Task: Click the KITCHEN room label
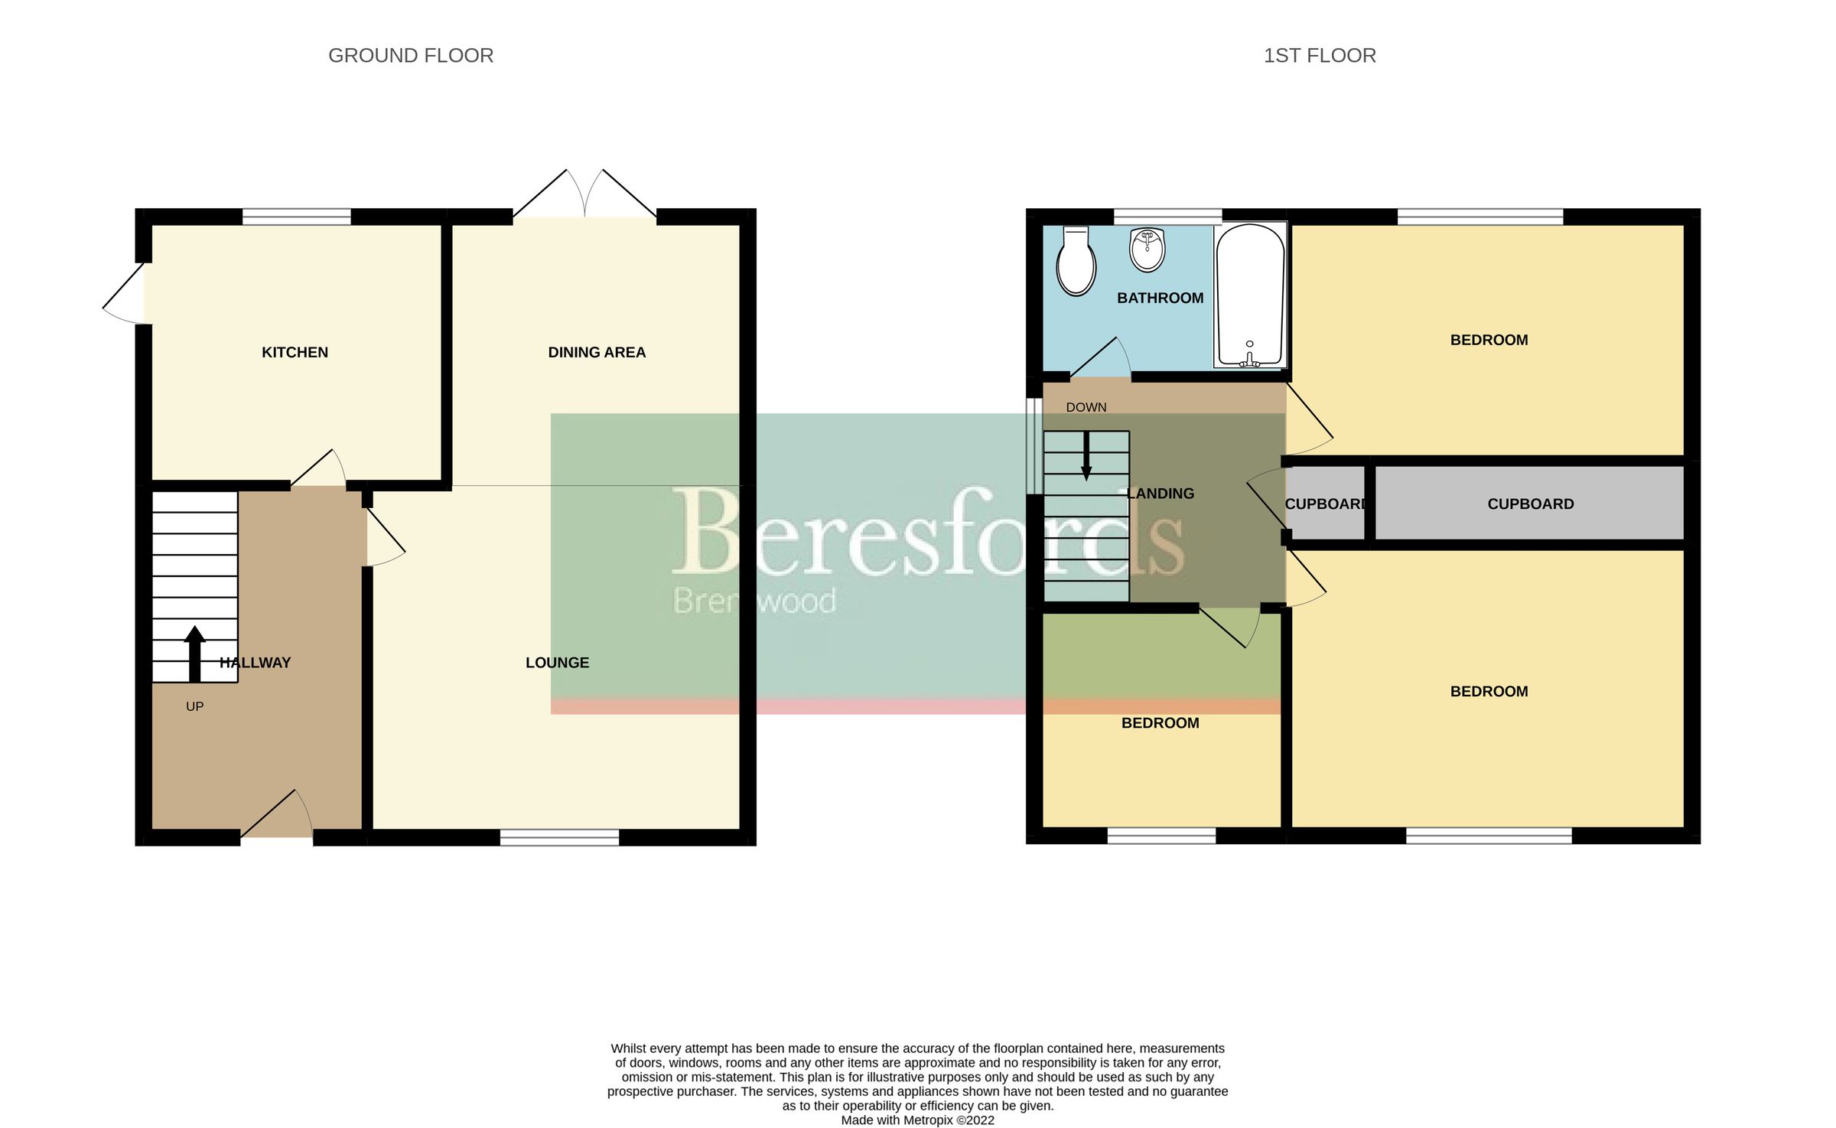pyautogui.click(x=295, y=352)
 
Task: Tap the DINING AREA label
pyautogui.click(x=597, y=352)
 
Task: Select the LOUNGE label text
pyautogui.click(x=557, y=663)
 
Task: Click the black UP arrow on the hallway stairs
pyautogui.click(x=195, y=654)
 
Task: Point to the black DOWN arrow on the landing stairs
pyautogui.click(x=1086, y=457)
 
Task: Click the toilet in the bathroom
pyautogui.click(x=1076, y=262)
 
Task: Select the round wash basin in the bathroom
pyautogui.click(x=1147, y=249)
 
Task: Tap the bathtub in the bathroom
pyautogui.click(x=1250, y=295)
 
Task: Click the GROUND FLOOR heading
pyautogui.click(x=411, y=56)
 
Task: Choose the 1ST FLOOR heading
pyautogui.click(x=1320, y=56)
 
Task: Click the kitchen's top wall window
pyautogui.click(x=297, y=217)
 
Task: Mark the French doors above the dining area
pyautogui.click(x=584, y=195)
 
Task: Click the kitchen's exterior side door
pyautogui.click(x=125, y=294)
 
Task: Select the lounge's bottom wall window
pyautogui.click(x=559, y=838)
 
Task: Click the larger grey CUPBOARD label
pyautogui.click(x=1530, y=504)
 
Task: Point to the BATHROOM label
pyautogui.click(x=1160, y=298)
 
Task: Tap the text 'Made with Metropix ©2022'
pyautogui.click(x=917, y=1120)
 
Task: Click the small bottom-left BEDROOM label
pyautogui.click(x=1160, y=723)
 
